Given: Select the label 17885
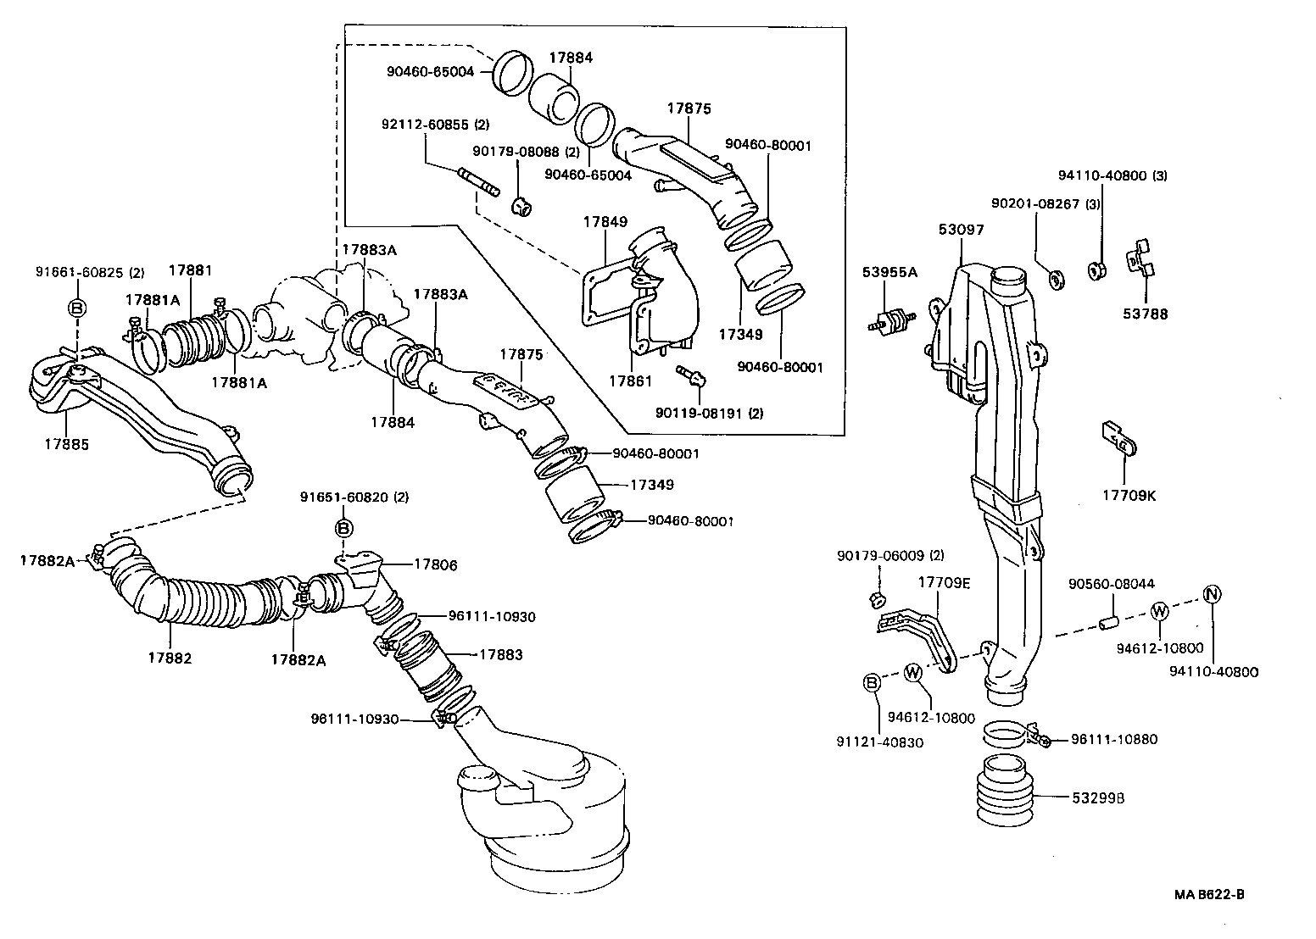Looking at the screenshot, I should click(x=67, y=443).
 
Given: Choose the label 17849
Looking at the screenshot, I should click(x=605, y=222).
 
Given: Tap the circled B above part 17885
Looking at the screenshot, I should click(x=76, y=308).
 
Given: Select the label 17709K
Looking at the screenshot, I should click(x=1129, y=495).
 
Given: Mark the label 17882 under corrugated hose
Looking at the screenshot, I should click(x=170, y=658).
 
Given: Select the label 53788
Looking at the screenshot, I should click(x=1145, y=314).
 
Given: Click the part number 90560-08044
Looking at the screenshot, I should click(x=1111, y=584).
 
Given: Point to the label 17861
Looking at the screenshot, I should click(x=630, y=381).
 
